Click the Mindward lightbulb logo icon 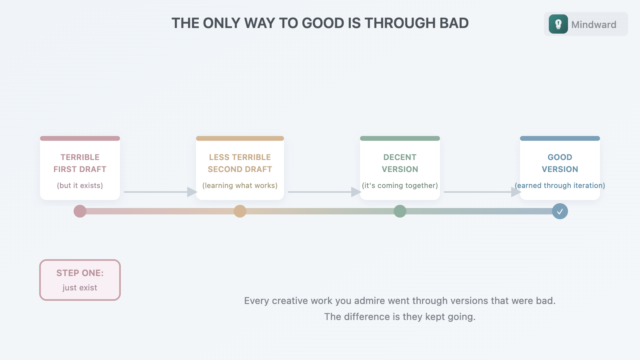[x=558, y=24]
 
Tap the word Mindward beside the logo [x=594, y=25]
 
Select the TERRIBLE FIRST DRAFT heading [x=80, y=163]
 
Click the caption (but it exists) [x=80, y=186]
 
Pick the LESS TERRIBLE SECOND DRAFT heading [x=240, y=163]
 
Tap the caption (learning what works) [x=240, y=186]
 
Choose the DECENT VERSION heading [x=400, y=163]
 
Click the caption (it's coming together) [x=400, y=186]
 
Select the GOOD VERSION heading [x=560, y=163]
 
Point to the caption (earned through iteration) [x=560, y=186]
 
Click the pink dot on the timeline [x=80, y=211]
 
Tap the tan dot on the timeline [x=240, y=211]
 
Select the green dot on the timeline [x=400, y=211]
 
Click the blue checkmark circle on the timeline [x=560, y=211]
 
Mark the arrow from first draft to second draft [x=160, y=192]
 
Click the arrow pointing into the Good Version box [x=482, y=192]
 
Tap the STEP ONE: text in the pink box [x=80, y=273]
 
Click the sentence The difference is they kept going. [x=400, y=317]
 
